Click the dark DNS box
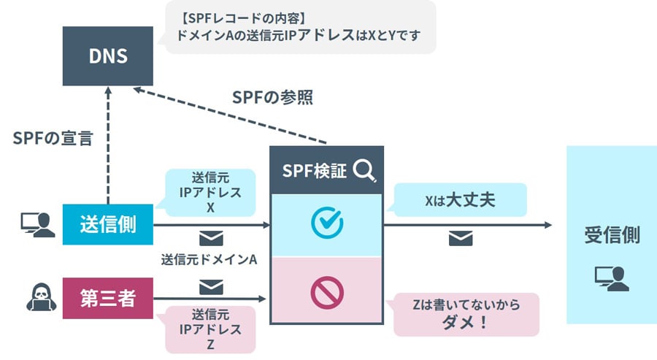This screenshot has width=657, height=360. click(107, 55)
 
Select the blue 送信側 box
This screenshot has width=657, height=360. click(108, 224)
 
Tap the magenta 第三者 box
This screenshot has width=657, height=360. click(108, 298)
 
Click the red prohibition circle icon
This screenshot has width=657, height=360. click(326, 291)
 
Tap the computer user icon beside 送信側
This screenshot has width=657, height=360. click(37, 224)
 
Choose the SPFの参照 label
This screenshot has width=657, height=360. click(272, 97)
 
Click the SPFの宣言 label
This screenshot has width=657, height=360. click(53, 138)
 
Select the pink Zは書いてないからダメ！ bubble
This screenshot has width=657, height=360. click(466, 314)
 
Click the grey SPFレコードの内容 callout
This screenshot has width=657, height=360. click(299, 27)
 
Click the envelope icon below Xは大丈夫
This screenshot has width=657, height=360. click(461, 238)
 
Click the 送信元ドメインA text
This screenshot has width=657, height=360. click(210, 259)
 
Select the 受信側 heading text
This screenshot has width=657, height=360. click(612, 235)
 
